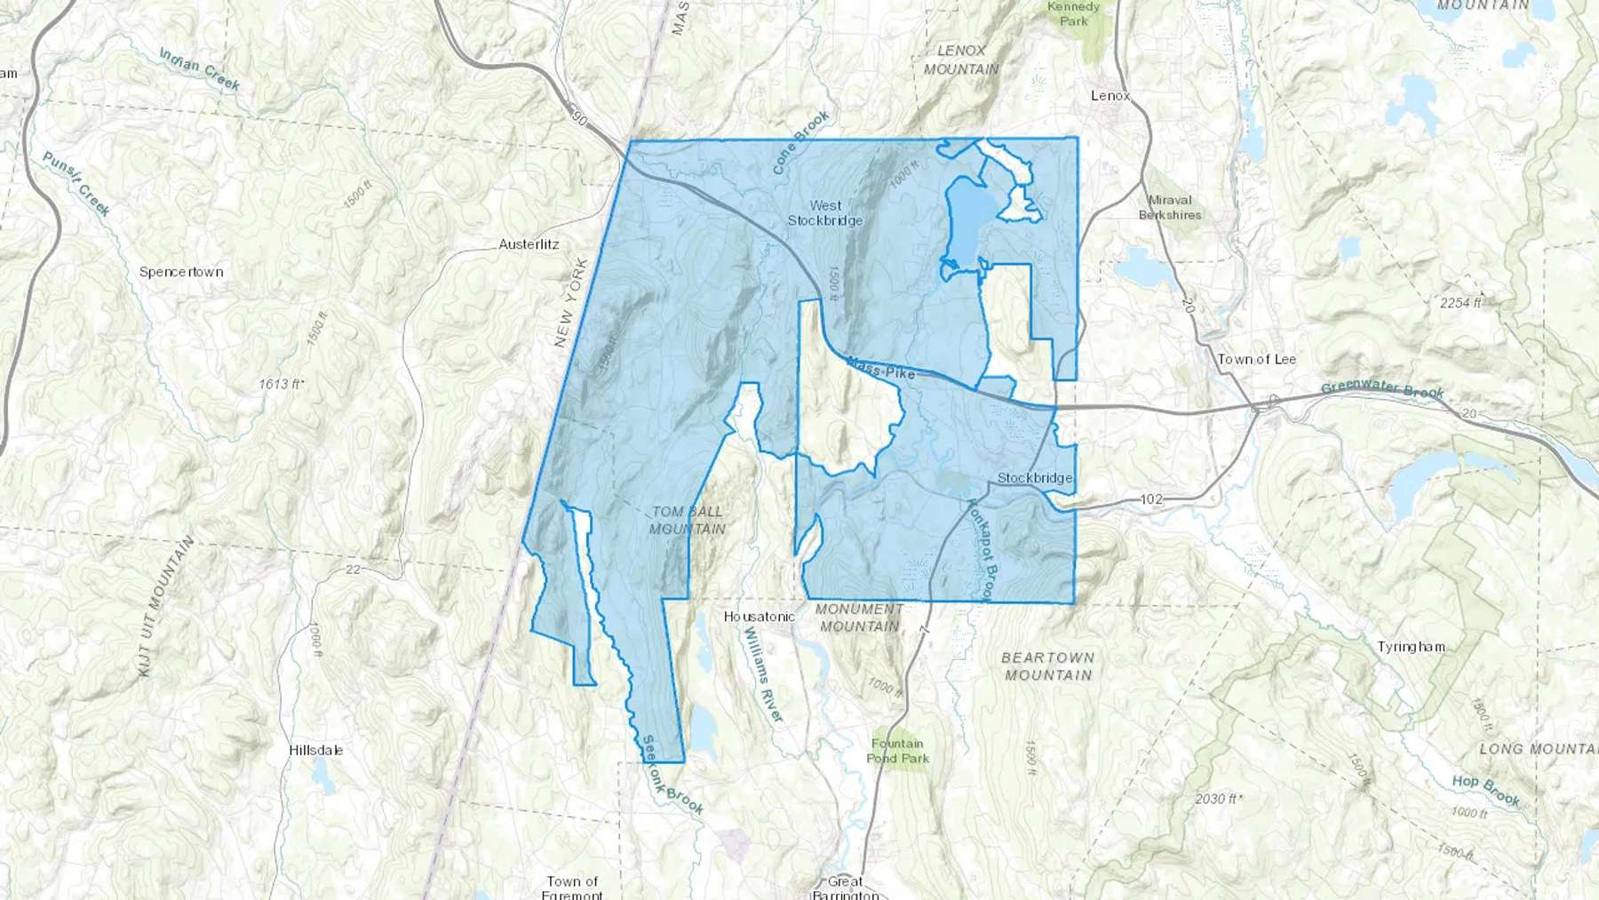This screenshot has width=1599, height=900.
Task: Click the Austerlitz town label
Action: pos(529,244)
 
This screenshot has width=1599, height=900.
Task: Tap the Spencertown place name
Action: pos(181,272)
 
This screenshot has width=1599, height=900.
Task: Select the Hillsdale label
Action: pos(315,750)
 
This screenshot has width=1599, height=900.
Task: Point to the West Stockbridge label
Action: pos(825,213)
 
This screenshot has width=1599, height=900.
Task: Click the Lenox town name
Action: pos(1110,96)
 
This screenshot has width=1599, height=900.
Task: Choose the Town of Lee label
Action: pos(1256,359)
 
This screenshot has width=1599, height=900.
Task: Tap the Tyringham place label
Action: pos(1411,647)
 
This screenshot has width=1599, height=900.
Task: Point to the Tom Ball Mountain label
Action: pos(688,521)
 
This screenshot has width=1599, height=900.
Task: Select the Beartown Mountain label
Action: pos(1048,666)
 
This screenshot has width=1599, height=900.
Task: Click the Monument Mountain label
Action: pos(859,617)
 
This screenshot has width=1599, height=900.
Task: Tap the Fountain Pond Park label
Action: pos(897,751)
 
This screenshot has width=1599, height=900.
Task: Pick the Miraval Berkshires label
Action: pos(1170,207)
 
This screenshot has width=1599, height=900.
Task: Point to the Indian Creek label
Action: pos(200,69)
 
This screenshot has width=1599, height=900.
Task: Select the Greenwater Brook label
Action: pos(1382,389)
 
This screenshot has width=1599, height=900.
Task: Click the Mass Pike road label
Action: pos(880,368)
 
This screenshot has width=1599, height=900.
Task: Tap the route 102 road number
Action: pos(1151,499)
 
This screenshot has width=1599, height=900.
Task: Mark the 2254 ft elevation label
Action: pos(1460,303)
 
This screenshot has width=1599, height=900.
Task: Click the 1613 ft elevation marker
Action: pos(282,384)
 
